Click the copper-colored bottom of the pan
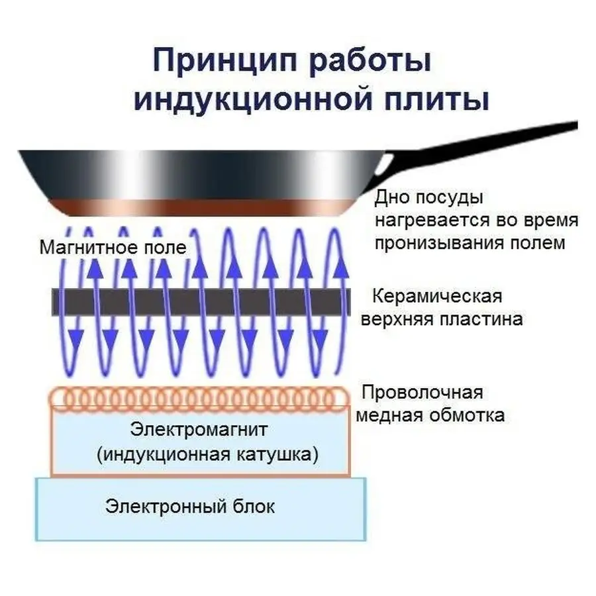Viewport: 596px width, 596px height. coord(199,207)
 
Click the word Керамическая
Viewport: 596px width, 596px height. coord(437,295)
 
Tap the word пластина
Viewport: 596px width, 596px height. coord(481,319)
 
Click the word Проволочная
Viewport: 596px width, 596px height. coord(421,392)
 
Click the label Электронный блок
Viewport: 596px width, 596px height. coord(189,507)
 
